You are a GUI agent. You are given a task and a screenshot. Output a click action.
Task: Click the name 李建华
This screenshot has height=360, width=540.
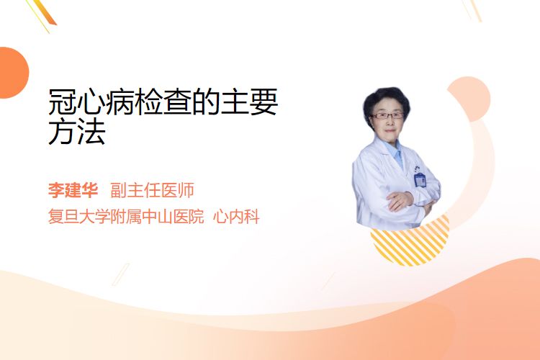tap(73, 190)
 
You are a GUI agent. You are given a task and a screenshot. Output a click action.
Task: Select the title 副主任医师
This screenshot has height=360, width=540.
tap(152, 190)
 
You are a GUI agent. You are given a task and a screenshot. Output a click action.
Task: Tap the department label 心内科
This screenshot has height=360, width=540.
tap(236, 217)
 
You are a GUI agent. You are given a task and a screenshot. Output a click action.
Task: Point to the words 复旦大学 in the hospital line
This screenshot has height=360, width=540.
tap(79, 217)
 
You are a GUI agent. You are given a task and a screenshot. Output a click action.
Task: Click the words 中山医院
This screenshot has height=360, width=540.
tap(173, 217)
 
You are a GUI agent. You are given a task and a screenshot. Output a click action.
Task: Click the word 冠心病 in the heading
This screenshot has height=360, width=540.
tap(91, 102)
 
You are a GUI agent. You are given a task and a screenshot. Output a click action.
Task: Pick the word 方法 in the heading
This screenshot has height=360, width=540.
tap(77, 132)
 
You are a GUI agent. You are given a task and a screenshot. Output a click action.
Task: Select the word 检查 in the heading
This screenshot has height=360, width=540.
tap(163, 102)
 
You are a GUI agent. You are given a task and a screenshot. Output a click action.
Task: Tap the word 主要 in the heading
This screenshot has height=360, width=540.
tap(249, 102)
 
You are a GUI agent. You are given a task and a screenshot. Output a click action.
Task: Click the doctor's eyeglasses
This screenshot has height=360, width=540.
tap(387, 115)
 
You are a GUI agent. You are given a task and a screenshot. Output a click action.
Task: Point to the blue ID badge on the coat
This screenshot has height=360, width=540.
tap(420, 180)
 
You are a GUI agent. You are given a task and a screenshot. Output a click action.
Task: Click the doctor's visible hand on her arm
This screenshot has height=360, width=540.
tap(399, 200)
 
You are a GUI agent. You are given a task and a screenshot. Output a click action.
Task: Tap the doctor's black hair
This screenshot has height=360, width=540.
tap(387, 101)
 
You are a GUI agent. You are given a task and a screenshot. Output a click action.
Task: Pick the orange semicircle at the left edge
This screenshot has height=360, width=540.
tap(13, 73)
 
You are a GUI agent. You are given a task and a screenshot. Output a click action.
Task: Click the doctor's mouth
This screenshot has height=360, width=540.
tap(390, 130)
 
